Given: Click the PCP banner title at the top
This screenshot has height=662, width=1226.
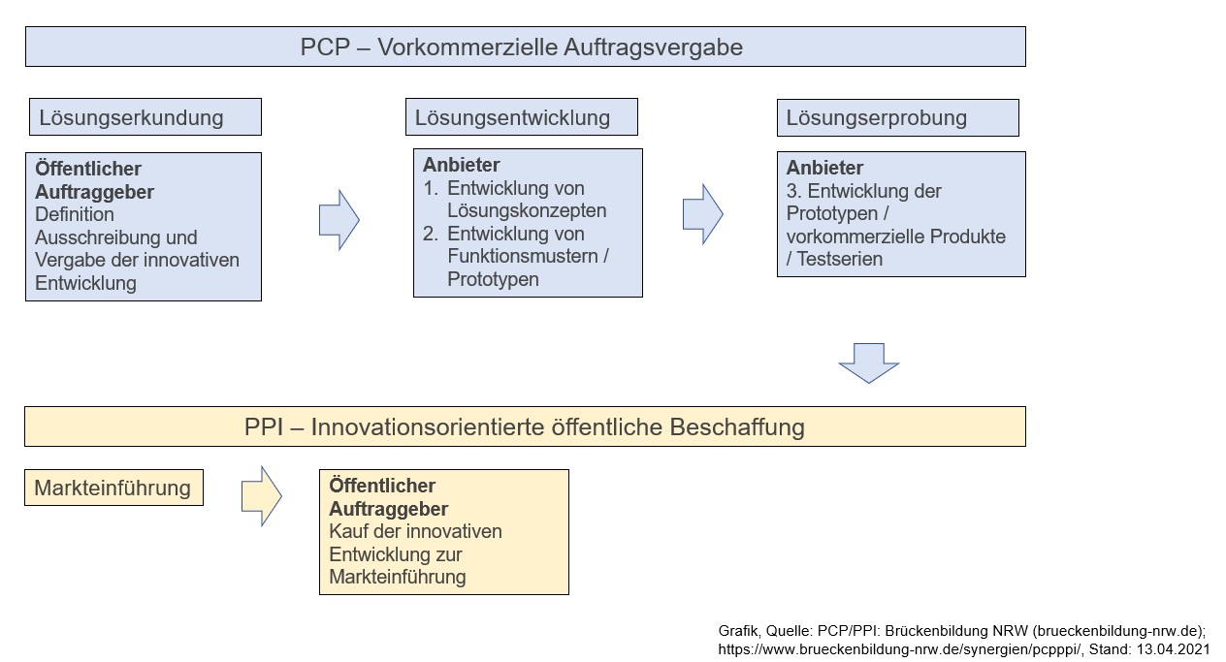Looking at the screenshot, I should click(522, 47).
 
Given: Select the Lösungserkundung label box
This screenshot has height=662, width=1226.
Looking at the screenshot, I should click(144, 117).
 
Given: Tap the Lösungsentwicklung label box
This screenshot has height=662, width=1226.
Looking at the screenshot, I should click(521, 117).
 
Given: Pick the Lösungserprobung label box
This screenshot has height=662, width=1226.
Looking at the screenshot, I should click(897, 117).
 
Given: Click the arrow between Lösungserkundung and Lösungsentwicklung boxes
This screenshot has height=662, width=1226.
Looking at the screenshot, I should click(339, 220).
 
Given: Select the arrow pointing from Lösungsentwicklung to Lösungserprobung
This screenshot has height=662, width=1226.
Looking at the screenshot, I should click(702, 213).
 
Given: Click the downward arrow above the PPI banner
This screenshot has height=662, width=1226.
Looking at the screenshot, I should click(868, 363).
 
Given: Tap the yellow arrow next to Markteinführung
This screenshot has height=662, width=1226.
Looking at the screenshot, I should click(260, 496).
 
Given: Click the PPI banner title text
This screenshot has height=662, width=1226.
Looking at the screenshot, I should click(524, 426).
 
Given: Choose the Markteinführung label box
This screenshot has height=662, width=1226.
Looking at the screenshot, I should click(113, 488).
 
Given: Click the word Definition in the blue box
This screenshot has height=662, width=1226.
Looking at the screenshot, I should click(75, 214).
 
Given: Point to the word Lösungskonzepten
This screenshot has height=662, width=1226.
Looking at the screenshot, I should click(527, 210).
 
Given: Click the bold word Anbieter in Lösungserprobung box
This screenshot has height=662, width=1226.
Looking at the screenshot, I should click(824, 168).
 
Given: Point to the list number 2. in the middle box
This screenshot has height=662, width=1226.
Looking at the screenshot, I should click(432, 234).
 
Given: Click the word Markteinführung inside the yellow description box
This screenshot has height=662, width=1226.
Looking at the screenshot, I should click(398, 577).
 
